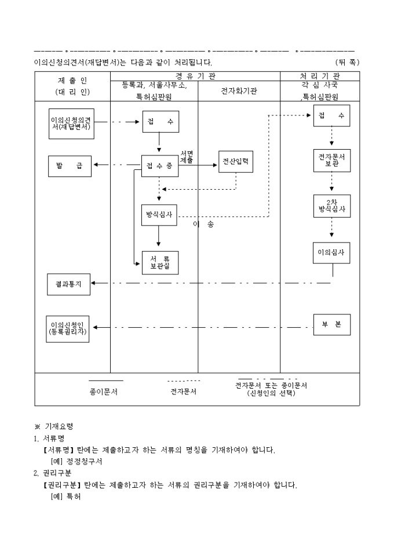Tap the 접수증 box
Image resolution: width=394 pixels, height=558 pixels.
pyautogui.click(x=159, y=166)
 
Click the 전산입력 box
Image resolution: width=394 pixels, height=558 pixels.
pyautogui.click(x=236, y=162)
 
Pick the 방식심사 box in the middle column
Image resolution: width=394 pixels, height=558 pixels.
pyautogui.click(x=159, y=214)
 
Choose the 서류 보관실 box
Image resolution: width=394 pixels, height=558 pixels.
pyautogui.click(x=159, y=262)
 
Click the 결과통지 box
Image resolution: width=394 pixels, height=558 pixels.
pyautogui.click(x=68, y=284)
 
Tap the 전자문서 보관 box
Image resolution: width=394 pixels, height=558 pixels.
pyautogui.click(x=331, y=160)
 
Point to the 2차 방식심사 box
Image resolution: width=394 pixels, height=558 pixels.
pyautogui.click(x=331, y=206)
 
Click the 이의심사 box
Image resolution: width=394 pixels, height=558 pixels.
pyautogui.click(x=331, y=252)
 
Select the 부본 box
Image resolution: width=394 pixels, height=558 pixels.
pyautogui.click(x=331, y=325)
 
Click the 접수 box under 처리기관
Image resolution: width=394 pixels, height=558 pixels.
pyautogui.click(x=331, y=115)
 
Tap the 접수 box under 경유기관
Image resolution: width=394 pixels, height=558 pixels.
pyautogui.click(x=159, y=122)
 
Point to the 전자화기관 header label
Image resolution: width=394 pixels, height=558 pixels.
pyautogui.click(x=239, y=91)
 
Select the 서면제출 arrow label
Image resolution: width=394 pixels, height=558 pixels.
pyautogui.click(x=187, y=157)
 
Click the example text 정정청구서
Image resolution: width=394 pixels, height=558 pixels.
pyautogui.click(x=85, y=462)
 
